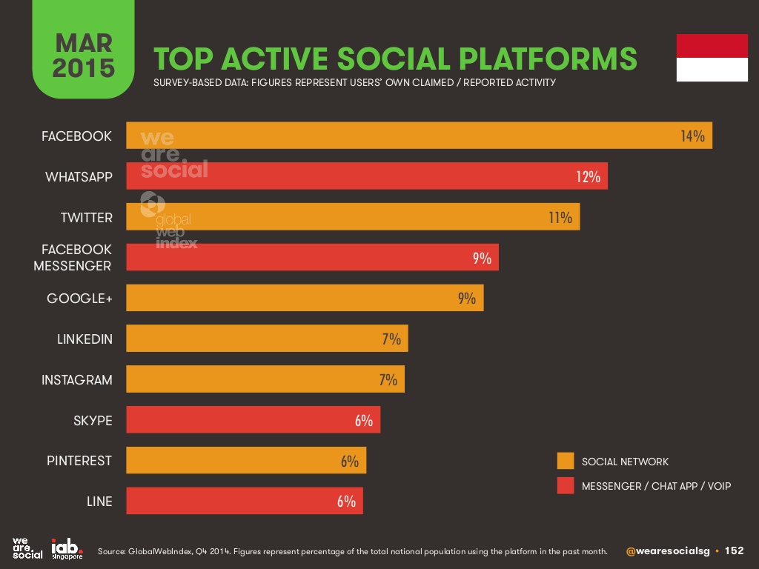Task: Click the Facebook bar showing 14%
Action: coord(419,136)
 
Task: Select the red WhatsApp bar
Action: coord(367,176)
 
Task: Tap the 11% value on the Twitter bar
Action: coord(560,217)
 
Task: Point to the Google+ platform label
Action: coord(79,299)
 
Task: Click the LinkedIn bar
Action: coord(267,339)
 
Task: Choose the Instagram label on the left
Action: coord(77,380)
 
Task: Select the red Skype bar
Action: coord(253,420)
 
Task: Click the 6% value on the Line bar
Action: coord(346,501)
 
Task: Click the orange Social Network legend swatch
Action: coord(566,462)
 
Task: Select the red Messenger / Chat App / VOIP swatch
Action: coord(566,486)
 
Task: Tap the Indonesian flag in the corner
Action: coord(712,57)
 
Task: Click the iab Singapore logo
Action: coord(66,548)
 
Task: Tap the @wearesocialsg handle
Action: coord(668,551)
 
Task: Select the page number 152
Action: coord(734,551)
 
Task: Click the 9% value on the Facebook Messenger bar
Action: coord(482,258)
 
